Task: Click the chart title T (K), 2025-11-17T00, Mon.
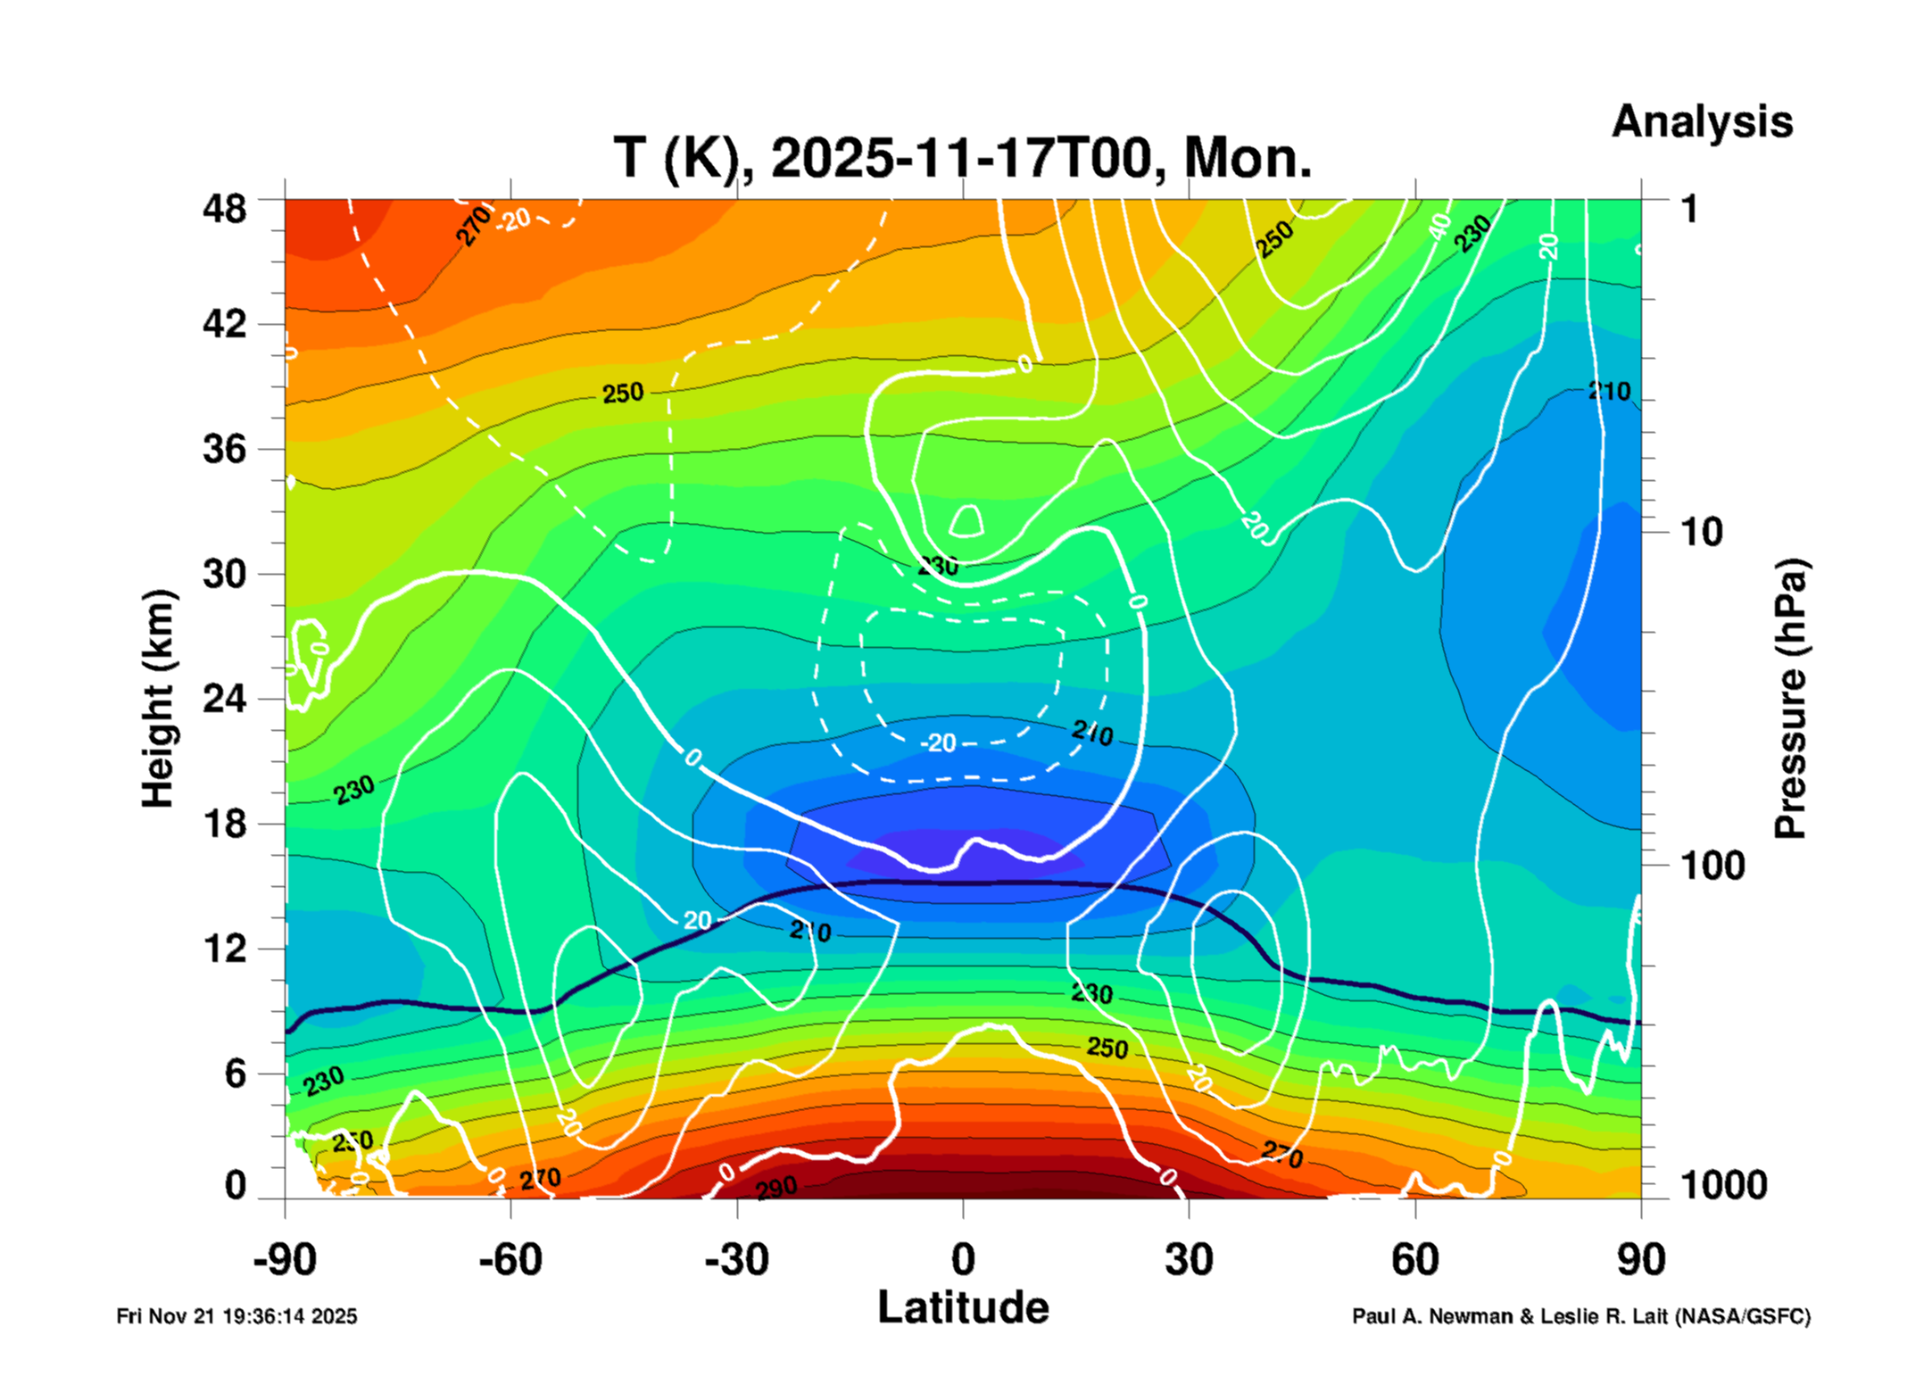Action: click(x=962, y=159)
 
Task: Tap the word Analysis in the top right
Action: click(x=1701, y=121)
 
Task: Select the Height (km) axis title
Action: click(x=158, y=699)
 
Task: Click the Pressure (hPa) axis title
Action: click(x=1789, y=699)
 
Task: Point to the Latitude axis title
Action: click(x=963, y=1308)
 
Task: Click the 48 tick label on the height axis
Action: click(x=224, y=210)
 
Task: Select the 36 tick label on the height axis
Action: click(x=224, y=449)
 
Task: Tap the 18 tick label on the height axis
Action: click(x=224, y=824)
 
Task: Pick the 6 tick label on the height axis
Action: click(x=235, y=1074)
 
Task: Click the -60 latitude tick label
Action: click(x=510, y=1260)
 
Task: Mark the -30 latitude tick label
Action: click(x=736, y=1260)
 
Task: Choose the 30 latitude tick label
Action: click(x=1189, y=1260)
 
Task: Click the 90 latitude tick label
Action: click(x=1641, y=1260)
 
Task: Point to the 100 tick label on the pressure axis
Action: click(x=1712, y=866)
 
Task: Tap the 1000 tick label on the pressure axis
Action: click(x=1723, y=1185)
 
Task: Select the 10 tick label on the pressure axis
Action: click(x=1701, y=533)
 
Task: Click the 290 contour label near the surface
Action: click(x=776, y=1188)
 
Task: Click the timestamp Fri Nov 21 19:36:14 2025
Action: click(x=236, y=1316)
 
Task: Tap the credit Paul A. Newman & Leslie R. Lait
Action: click(x=1580, y=1316)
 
